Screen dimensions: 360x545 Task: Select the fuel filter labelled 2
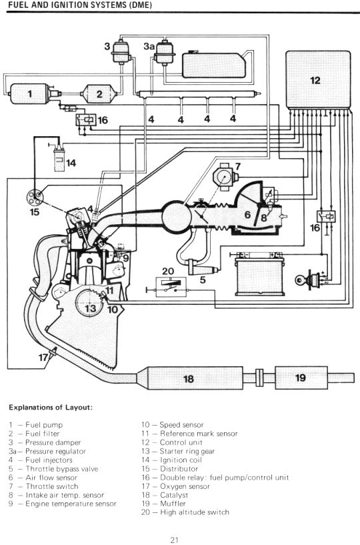99,94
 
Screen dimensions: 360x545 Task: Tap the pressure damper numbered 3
121,52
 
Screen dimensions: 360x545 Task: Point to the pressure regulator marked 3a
163,53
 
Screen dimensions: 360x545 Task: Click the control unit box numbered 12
318,79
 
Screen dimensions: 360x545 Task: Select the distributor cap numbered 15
35,197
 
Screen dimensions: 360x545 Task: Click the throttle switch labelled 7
225,177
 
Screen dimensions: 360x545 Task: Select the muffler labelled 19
301,378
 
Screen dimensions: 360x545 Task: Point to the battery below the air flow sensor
259,275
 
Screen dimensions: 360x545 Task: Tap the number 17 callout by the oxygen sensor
43,357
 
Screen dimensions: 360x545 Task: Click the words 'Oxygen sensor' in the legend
185,486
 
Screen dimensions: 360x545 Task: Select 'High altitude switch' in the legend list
195,512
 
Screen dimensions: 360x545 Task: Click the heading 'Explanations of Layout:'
51,408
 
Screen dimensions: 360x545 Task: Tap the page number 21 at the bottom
175,540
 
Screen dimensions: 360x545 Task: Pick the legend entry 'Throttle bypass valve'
61,469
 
